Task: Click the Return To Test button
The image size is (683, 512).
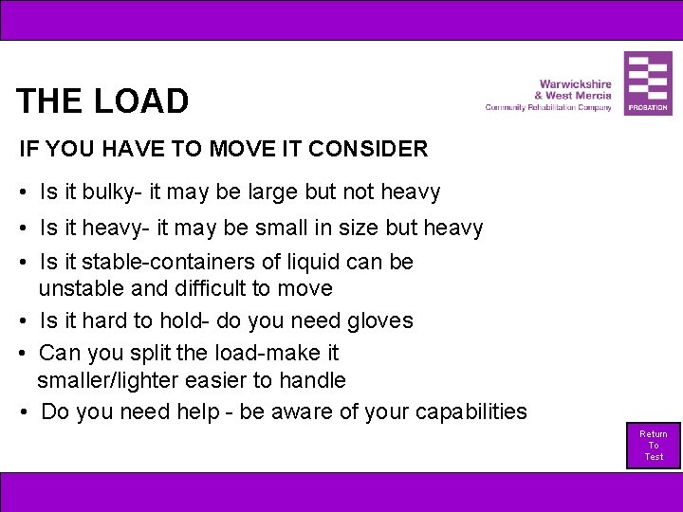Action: [x=654, y=445]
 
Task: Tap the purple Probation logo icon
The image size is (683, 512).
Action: [x=648, y=83]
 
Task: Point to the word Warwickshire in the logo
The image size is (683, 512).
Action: [x=576, y=84]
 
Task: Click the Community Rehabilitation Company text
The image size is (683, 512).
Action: [x=548, y=108]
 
